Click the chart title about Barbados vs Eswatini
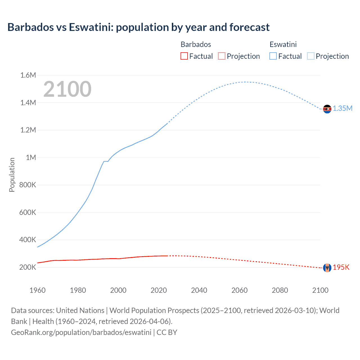138,27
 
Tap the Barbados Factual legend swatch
184,56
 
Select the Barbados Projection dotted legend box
222,56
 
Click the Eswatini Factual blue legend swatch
273,56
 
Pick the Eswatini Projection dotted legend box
310,56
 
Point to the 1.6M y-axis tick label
28,75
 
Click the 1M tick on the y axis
31,157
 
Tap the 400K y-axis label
28,240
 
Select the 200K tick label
28,267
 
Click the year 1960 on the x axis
37,290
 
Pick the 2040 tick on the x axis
199,290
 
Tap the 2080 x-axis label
280,290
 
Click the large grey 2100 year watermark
67,89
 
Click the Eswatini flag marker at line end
327,109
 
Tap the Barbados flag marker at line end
327,268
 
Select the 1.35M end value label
343,109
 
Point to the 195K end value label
341,267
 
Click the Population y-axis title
12,175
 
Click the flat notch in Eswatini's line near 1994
106,161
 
